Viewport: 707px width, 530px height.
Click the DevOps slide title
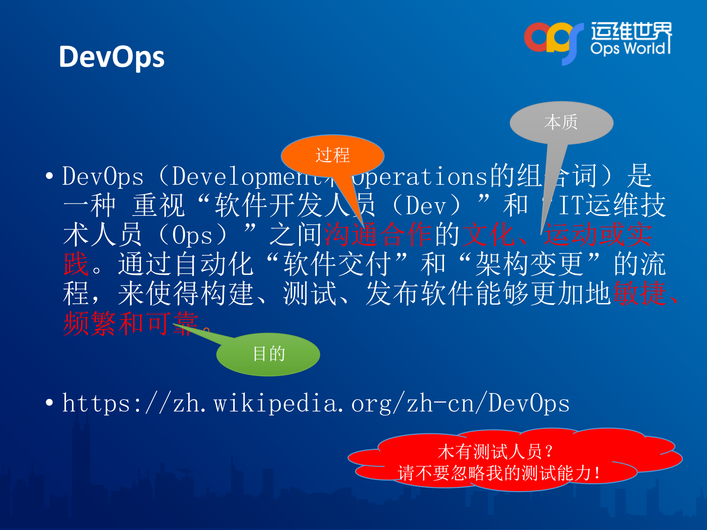point(112,57)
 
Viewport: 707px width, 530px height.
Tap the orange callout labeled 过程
point(332,155)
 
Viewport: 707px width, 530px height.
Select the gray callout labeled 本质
point(561,122)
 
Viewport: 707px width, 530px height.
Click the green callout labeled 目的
point(269,354)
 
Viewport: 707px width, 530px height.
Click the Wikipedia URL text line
point(316,403)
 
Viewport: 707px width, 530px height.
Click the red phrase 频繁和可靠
point(131,323)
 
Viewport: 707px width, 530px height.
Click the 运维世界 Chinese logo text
point(631,31)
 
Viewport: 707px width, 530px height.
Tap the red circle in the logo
point(536,37)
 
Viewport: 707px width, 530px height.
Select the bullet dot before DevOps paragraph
point(49,176)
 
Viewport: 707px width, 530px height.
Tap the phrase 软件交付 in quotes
point(337,264)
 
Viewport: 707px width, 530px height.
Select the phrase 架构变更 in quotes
point(529,264)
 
